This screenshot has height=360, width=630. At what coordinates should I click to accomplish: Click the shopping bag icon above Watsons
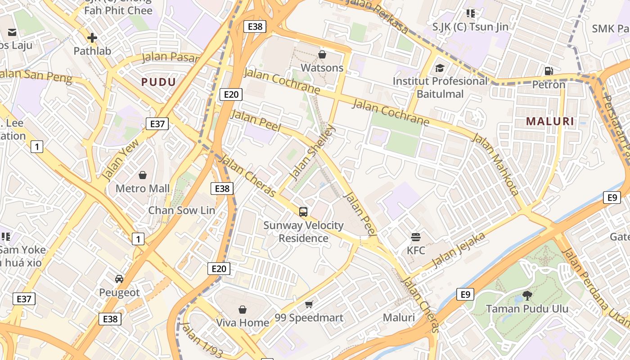322,54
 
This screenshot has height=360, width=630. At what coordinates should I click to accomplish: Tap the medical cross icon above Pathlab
92,38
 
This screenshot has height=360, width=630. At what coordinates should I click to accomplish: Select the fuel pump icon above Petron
549,71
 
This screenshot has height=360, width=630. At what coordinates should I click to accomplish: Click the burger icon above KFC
416,237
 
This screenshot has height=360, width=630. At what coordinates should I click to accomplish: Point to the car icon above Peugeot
119,279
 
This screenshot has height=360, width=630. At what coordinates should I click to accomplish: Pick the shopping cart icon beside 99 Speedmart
309,305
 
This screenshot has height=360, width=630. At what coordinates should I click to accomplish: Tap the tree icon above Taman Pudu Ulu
527,295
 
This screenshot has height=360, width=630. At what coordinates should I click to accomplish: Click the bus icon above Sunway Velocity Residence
303,211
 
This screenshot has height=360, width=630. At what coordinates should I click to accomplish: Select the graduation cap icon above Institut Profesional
440,68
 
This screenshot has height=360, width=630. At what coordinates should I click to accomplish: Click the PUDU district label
158,82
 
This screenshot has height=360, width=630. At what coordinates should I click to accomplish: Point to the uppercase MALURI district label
550,121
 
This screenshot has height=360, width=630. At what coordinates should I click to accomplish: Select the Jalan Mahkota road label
495,164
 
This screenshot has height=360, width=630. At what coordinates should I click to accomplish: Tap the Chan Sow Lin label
182,210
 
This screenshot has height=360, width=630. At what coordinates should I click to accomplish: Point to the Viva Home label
243,323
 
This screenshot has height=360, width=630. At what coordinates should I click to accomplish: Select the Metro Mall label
143,188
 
